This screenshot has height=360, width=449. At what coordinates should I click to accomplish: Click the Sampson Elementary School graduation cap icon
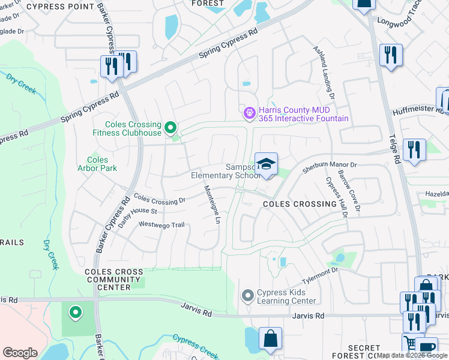click(x=266, y=163)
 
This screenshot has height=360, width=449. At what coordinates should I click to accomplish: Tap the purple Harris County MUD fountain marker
click(x=249, y=112)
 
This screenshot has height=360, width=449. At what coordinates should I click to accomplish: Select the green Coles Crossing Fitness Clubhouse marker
click(x=170, y=127)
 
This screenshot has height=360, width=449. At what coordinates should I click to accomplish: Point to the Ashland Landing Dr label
click(x=324, y=72)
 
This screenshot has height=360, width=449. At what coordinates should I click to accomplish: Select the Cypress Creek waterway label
click(x=193, y=346)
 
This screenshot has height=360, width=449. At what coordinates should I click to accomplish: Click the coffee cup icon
click(x=427, y=347)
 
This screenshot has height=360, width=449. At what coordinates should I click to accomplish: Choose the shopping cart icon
click(x=410, y=344)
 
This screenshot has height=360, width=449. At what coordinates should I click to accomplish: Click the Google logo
click(x=20, y=353)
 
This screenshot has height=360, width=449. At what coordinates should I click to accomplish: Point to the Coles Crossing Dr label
click(x=159, y=199)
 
